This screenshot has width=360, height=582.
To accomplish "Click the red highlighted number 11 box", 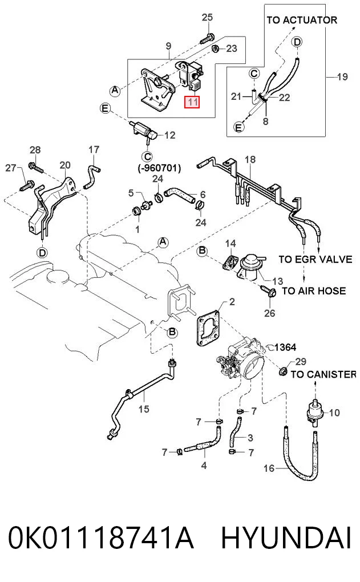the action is tap(192, 102).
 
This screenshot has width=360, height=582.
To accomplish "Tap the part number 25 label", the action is tap(207, 18).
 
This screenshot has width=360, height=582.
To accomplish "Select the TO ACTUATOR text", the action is tap(302, 20).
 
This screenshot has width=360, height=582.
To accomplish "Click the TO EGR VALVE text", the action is tap(315, 258).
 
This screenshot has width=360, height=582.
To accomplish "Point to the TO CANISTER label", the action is tap(323, 374).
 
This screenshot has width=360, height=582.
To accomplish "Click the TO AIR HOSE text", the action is tap(314, 290).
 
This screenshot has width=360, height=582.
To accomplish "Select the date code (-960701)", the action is tap(159, 168).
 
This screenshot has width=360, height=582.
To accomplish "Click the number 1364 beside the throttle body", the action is tap(285, 347).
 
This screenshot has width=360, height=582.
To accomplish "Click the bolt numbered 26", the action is tap(269, 291).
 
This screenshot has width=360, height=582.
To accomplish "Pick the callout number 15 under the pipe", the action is tap(144, 409).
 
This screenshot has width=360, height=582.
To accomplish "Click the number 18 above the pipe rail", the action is tap(250, 160).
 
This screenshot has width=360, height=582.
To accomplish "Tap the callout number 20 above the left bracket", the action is tap(65, 165).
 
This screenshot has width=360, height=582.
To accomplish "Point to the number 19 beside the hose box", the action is tap(342, 77).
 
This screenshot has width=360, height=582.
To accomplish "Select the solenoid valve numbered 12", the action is tap(143, 131).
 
